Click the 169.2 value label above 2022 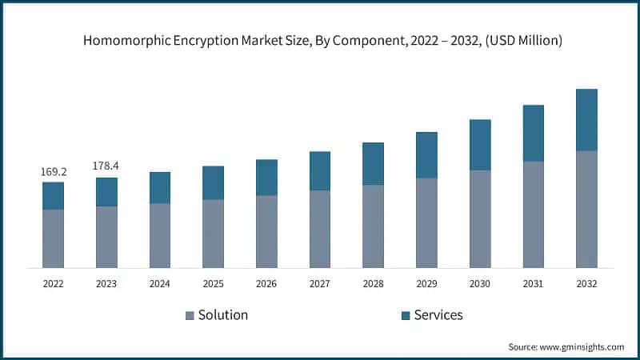(x=53, y=171)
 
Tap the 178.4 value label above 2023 (x=106, y=166)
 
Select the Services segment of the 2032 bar (x=586, y=120)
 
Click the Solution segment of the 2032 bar (x=586, y=209)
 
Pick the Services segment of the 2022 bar (x=53, y=196)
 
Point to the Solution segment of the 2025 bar (x=213, y=234)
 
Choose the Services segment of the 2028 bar (x=373, y=164)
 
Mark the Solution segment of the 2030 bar (x=480, y=218)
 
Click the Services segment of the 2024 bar (x=160, y=188)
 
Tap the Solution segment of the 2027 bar (x=320, y=229)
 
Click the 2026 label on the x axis (x=266, y=283)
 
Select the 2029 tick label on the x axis (x=426, y=283)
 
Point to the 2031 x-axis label (x=533, y=283)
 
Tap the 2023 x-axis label (x=106, y=283)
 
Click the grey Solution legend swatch (x=190, y=315)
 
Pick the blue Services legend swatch (x=405, y=315)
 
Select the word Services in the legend (x=438, y=315)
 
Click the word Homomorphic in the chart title (x=127, y=41)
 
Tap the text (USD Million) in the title (x=519, y=41)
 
